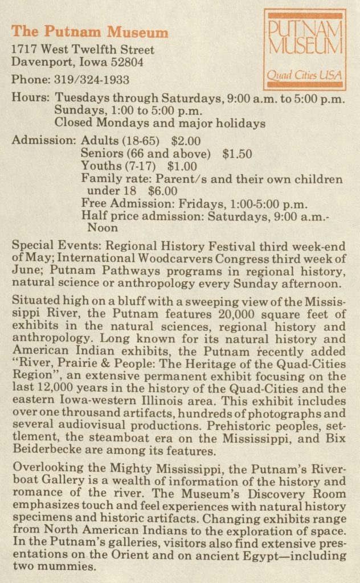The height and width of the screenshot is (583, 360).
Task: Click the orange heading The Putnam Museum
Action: click(x=90, y=32)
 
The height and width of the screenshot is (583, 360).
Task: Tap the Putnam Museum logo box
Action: click(x=305, y=50)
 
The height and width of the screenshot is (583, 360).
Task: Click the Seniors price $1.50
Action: click(x=237, y=153)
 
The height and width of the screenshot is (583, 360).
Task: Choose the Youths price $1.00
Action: click(x=182, y=166)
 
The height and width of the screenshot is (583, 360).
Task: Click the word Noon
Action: click(x=103, y=228)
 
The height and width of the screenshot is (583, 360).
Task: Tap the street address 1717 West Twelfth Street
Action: click(x=83, y=50)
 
